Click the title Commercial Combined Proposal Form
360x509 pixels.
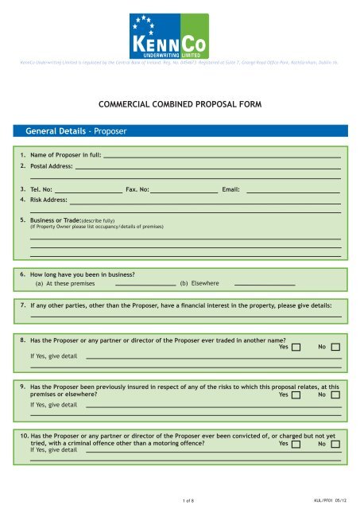(x=180, y=103)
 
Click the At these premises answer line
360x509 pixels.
(x=145, y=284)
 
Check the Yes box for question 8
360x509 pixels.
(x=296, y=347)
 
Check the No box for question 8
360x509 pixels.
(x=335, y=347)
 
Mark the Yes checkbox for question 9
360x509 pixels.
(x=296, y=394)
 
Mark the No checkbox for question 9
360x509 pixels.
(x=335, y=394)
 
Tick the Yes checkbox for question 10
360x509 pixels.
(x=296, y=445)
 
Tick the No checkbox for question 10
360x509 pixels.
(x=335, y=445)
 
